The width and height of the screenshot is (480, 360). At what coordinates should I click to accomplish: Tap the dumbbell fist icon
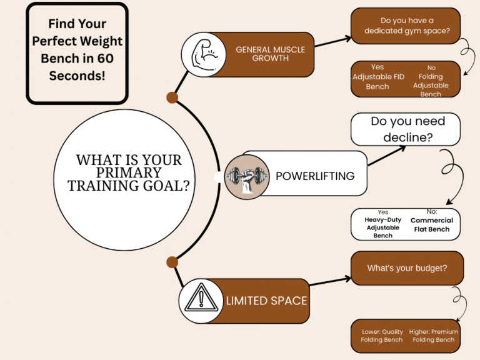pos(246,176)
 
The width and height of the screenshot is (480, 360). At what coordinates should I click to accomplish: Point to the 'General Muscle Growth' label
pos(262,54)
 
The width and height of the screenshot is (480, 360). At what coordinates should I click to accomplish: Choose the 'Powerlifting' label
pos(314,176)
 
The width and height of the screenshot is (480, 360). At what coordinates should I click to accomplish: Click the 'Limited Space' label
pos(266,301)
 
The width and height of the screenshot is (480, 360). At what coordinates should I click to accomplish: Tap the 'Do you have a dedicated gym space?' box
pos(405,26)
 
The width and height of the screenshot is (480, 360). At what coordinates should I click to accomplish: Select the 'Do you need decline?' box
pos(405,129)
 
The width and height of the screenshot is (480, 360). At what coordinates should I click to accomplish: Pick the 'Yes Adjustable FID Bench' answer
pos(377,77)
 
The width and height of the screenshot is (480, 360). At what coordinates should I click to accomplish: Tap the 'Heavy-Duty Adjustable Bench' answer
pos(382,224)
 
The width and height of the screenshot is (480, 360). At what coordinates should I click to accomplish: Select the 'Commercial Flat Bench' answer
pos(431,224)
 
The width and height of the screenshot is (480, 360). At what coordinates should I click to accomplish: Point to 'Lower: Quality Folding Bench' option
pos(382,336)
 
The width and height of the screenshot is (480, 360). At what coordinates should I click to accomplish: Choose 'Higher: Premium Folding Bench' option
pos(433,336)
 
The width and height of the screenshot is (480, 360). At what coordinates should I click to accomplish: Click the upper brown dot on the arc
pos(172,97)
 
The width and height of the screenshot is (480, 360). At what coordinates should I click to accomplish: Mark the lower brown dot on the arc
pos(172,261)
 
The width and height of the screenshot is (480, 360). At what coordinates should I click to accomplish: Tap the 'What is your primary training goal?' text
pos(129,172)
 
